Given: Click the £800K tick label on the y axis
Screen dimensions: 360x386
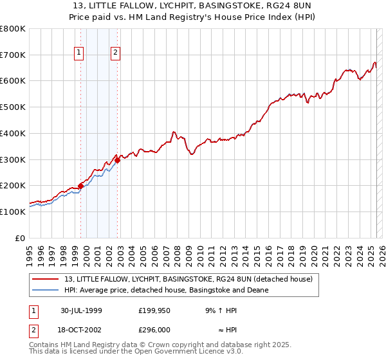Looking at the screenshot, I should [13, 29].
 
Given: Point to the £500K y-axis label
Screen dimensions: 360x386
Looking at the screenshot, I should [13, 107].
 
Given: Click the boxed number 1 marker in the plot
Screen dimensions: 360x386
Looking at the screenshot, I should [79, 53].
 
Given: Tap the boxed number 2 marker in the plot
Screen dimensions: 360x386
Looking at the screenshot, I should [116, 53].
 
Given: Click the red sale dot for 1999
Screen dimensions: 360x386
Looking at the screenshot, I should [81, 186].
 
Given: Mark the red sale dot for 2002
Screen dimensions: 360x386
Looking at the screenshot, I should [118, 161].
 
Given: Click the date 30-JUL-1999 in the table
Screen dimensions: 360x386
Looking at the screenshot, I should [81, 310].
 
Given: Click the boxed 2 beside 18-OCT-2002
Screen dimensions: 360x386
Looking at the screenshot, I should [33, 328].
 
